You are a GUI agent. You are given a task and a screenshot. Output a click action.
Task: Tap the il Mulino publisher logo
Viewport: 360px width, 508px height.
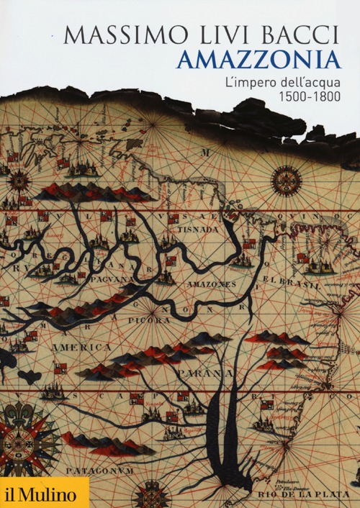pyautogui.click(x=43, y=493)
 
